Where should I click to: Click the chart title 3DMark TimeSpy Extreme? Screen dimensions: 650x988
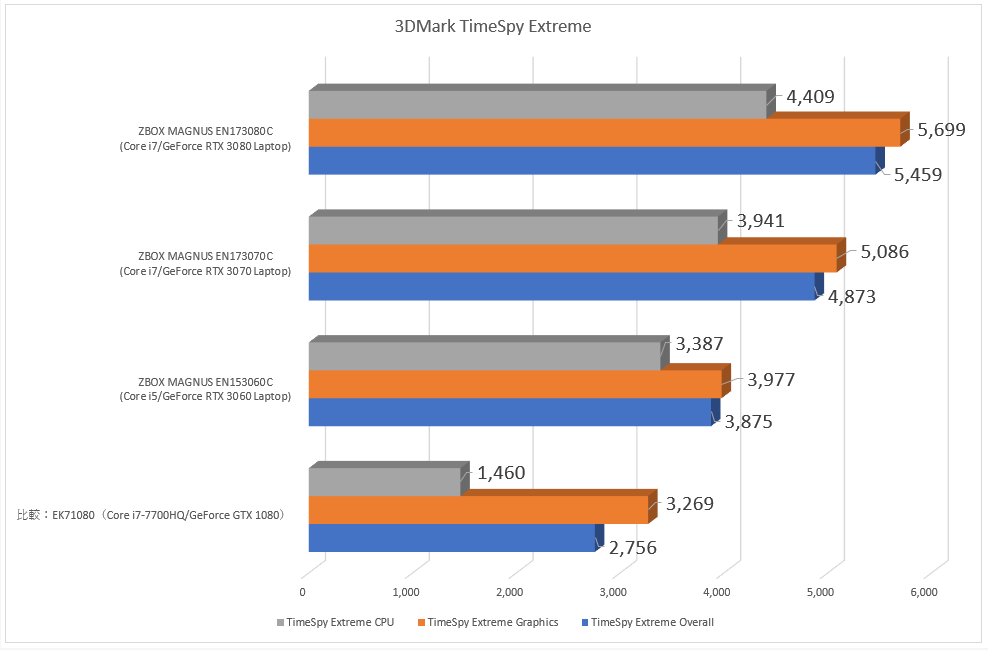pyautogui.click(x=493, y=27)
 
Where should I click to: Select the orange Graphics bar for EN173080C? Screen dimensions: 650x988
pyautogui.click(x=604, y=133)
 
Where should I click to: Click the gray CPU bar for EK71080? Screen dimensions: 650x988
pyautogui.click(x=384, y=482)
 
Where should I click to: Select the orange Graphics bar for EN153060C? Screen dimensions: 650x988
pyautogui.click(x=514, y=384)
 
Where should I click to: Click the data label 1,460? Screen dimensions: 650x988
pyautogui.click(x=501, y=473)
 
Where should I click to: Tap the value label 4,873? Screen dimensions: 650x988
pyautogui.click(x=851, y=297)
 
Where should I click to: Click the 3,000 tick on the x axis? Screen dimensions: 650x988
pyautogui.click(x=613, y=593)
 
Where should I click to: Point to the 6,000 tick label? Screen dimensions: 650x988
pyautogui.click(x=923, y=593)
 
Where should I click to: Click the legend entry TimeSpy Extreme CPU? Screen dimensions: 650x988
pyautogui.click(x=338, y=622)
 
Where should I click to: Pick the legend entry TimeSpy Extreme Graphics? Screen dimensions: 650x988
pyautogui.click(x=492, y=622)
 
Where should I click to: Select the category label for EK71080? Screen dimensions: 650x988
pyautogui.click(x=151, y=516)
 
